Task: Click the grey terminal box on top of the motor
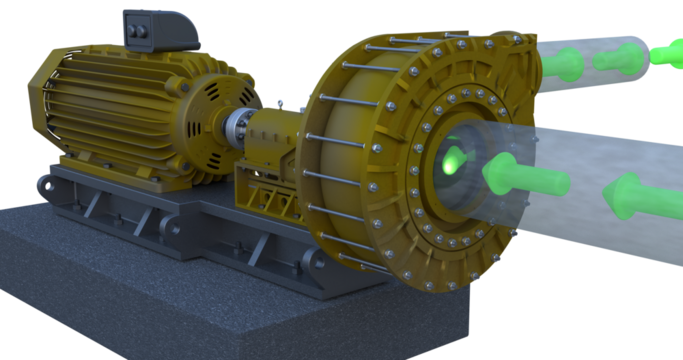click(160, 31)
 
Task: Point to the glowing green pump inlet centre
click(452, 157)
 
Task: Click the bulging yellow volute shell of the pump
click(345, 150)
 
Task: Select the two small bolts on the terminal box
click(136, 33)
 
